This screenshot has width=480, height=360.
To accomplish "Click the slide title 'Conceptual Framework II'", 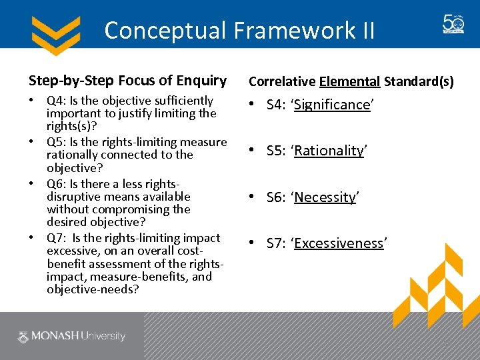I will [239, 30].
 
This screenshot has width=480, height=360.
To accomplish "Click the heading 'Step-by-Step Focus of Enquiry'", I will [127, 81].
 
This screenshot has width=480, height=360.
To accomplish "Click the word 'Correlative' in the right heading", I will [282, 82].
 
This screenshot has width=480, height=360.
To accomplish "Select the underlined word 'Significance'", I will [332, 105].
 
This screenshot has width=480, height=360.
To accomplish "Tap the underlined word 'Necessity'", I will [325, 197].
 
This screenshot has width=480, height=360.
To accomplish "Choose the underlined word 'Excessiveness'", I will [339, 243].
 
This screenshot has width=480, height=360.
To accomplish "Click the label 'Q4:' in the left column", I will [56, 101].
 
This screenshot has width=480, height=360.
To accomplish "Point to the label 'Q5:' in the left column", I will [56, 142].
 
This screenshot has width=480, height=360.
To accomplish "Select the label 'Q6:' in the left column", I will [56, 184].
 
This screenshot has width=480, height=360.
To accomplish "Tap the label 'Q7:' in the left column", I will [56, 238].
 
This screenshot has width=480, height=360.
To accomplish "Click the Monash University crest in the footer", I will [23, 337].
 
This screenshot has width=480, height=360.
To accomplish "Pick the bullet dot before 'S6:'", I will [253, 197].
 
